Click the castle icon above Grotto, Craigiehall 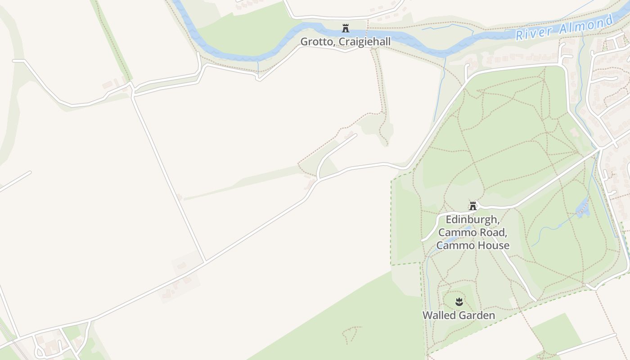coord(346,28)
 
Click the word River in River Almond coord(535,32)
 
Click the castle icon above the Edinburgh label coord(472,206)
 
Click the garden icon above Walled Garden coord(459,301)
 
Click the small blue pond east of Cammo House coord(583,207)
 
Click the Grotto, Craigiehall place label coord(345,41)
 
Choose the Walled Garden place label coord(459,315)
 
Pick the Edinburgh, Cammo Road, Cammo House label coord(472,233)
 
